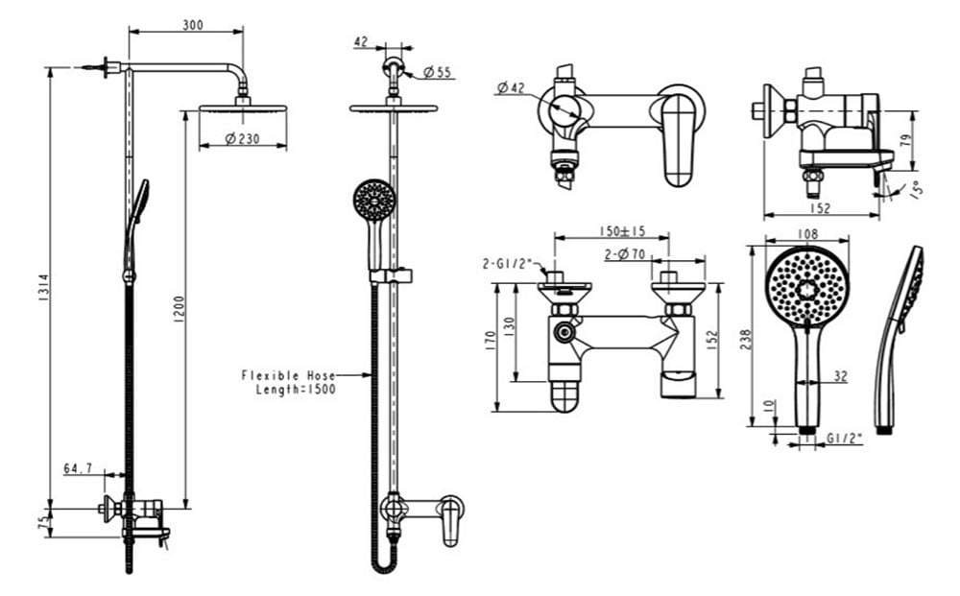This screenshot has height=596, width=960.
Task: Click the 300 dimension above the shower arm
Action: (x=192, y=25)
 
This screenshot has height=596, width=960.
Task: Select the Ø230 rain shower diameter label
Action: (x=243, y=138)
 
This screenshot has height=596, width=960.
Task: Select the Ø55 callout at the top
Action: (x=437, y=72)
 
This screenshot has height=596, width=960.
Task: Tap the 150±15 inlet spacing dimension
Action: (x=621, y=231)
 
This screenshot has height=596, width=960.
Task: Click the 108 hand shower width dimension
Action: (x=807, y=233)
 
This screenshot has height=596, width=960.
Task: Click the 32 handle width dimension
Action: (x=840, y=377)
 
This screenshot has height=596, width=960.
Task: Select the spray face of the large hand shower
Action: (x=807, y=285)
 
